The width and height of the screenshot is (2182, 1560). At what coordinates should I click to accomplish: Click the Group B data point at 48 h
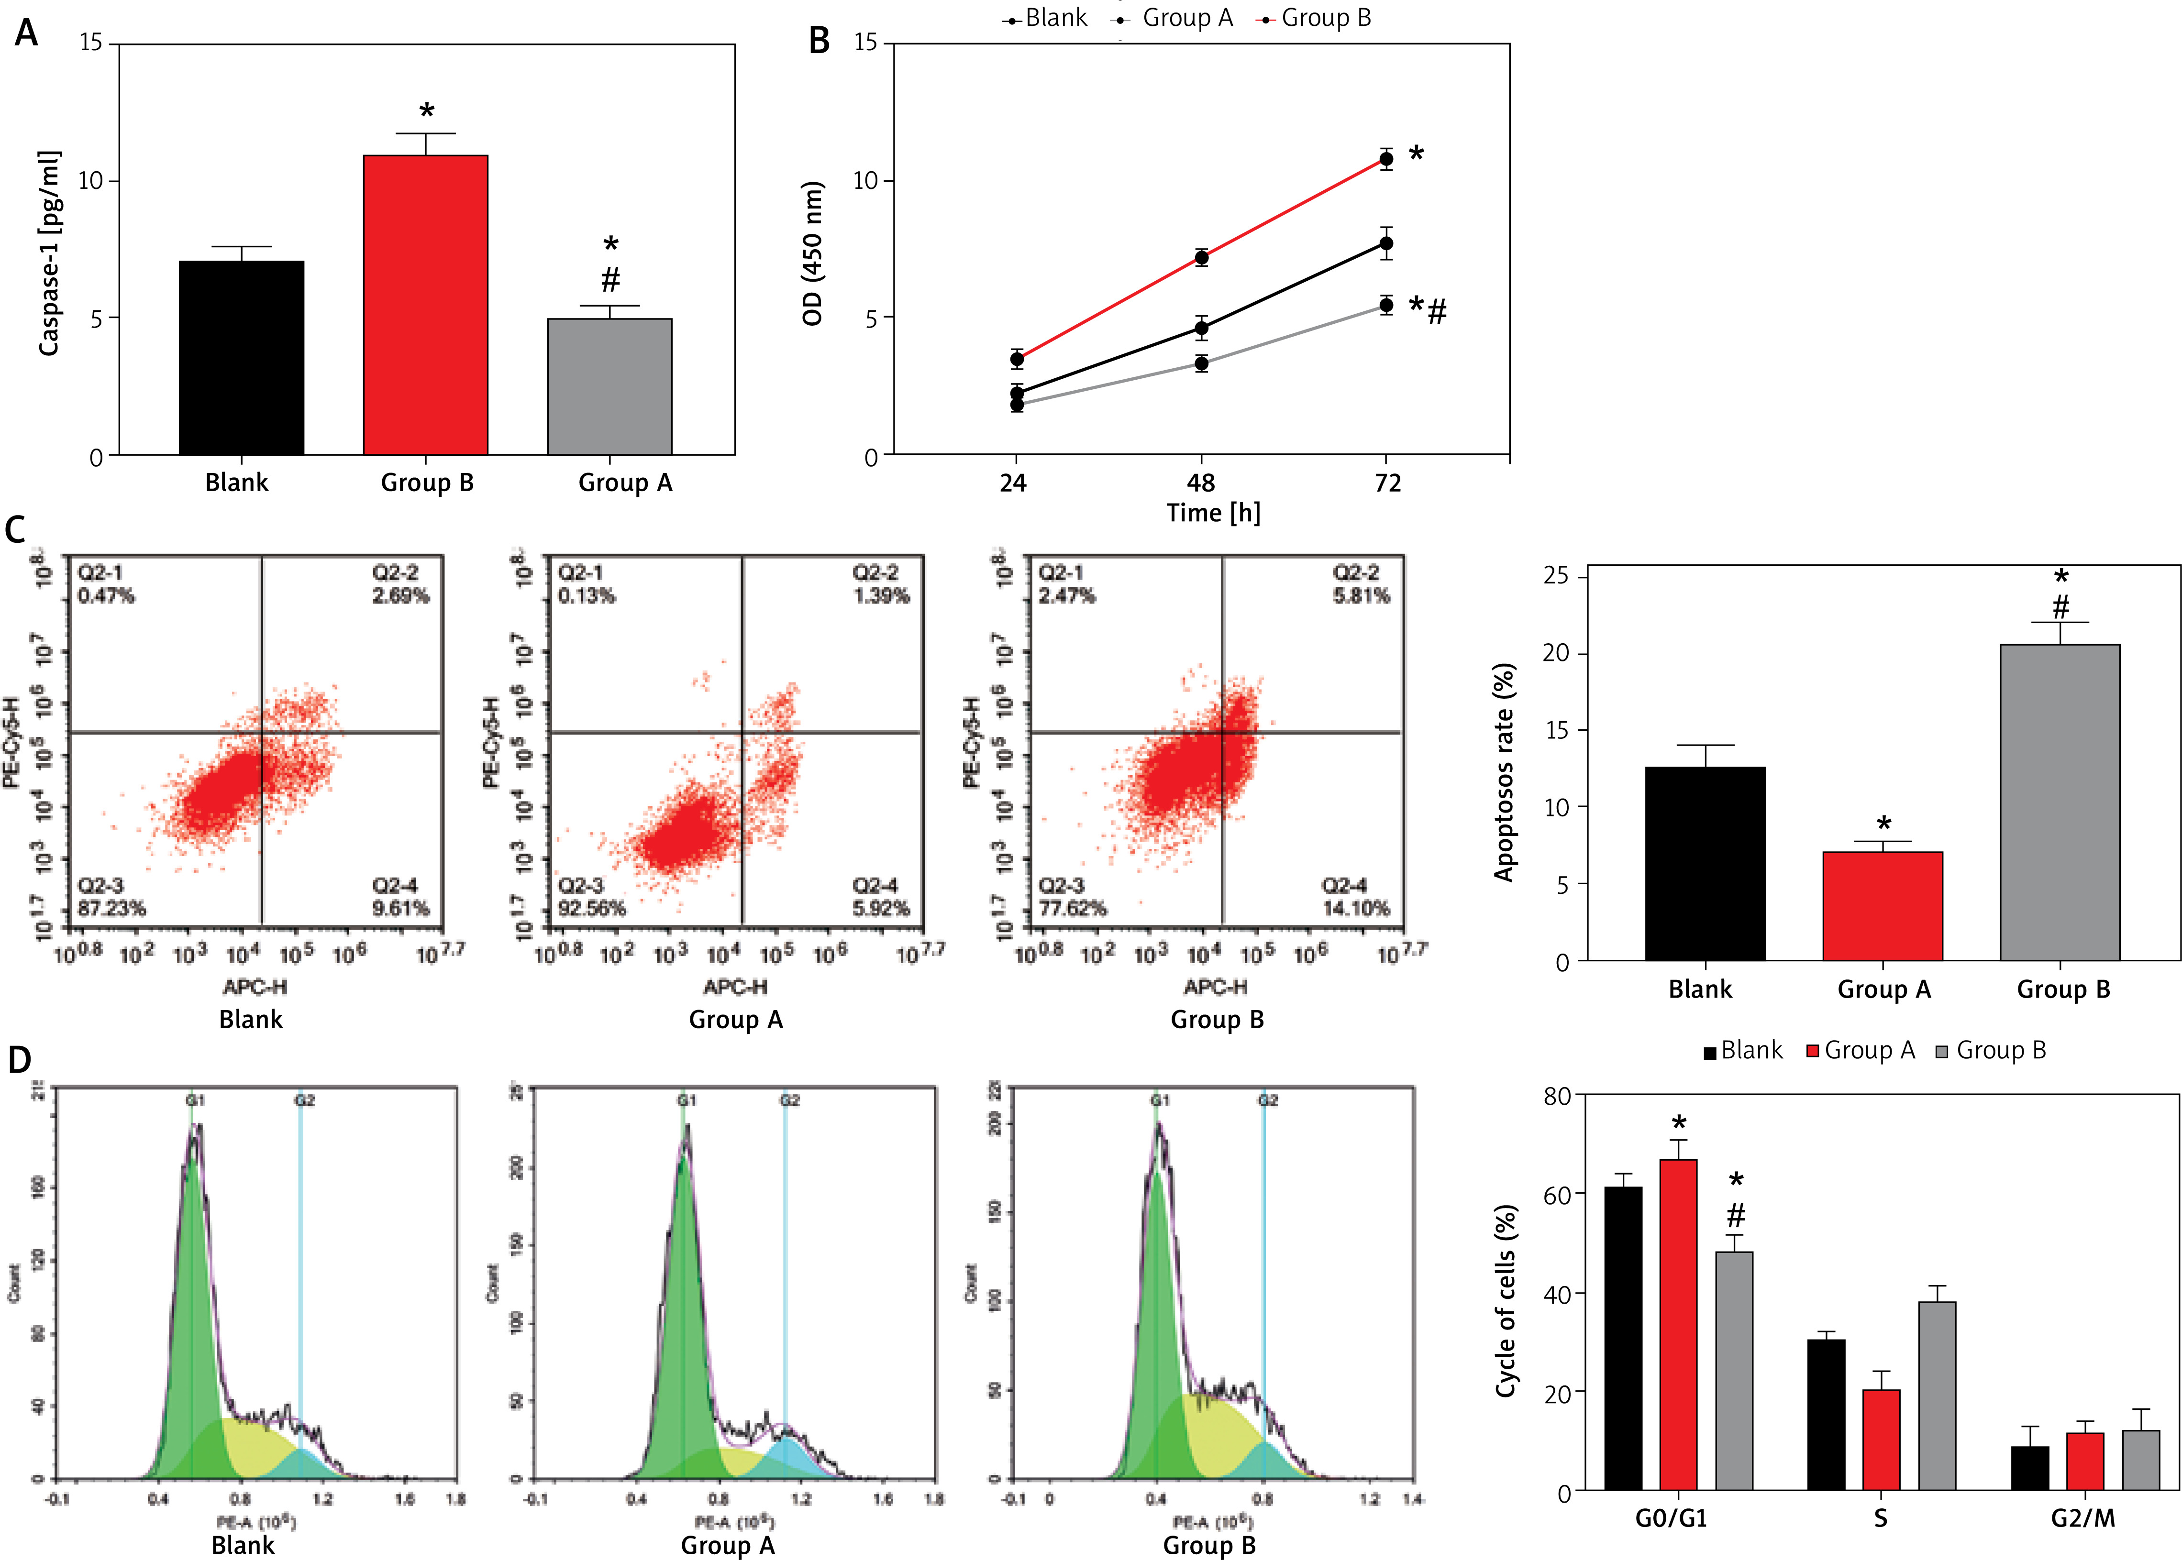click(1201, 257)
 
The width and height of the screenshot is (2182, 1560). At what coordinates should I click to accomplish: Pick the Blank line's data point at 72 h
click(1385, 244)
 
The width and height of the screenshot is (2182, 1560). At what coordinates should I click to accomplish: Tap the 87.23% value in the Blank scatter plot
click(111, 908)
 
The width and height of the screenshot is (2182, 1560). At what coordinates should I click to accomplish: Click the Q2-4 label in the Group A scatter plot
click(875, 885)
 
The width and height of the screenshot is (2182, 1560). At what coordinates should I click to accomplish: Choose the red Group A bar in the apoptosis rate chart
click(1882, 906)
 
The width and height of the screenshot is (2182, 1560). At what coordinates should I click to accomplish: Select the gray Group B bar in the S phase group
click(1937, 1396)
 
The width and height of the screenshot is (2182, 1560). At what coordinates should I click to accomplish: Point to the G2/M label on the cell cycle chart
click(2083, 1519)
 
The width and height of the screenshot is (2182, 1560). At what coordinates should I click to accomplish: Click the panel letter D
click(19, 1061)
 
